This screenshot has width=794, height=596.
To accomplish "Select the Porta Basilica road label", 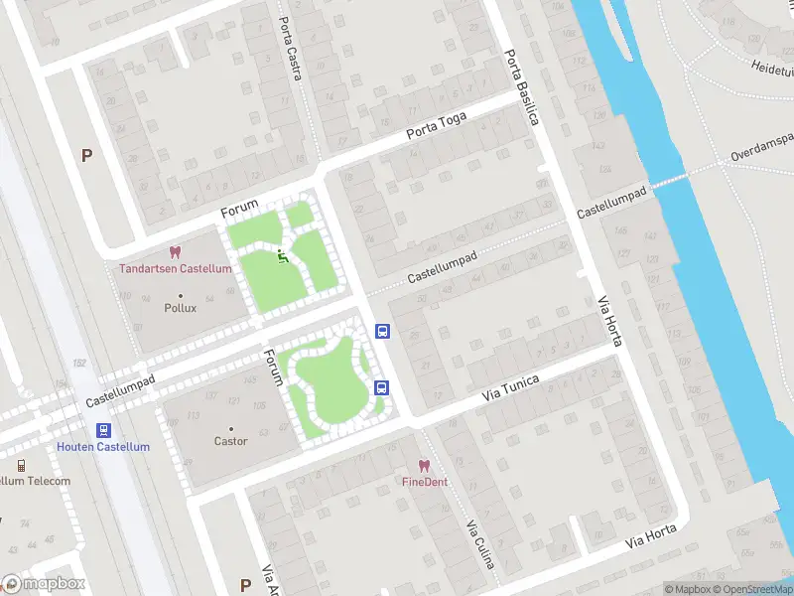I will tap(521, 88).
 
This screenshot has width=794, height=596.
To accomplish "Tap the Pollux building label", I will tap(180, 308).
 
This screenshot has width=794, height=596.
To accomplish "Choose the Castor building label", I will tap(230, 441).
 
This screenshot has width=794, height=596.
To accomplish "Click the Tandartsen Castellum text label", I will tap(176, 269).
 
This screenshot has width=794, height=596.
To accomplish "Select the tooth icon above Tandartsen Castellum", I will tap(176, 253).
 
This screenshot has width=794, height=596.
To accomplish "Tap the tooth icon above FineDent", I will tap(424, 466).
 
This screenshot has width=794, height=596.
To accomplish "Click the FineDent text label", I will tap(424, 482).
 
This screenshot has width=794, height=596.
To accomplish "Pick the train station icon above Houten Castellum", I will tap(102, 430).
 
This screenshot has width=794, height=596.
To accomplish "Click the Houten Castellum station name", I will tap(103, 447).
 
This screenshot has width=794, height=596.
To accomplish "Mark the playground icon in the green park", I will tap(282, 257).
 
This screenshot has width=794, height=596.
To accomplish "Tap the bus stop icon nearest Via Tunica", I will tap(380, 387).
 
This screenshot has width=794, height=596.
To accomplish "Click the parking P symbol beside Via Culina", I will tap(245, 585).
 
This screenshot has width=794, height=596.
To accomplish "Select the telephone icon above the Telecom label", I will tap(20, 465).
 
